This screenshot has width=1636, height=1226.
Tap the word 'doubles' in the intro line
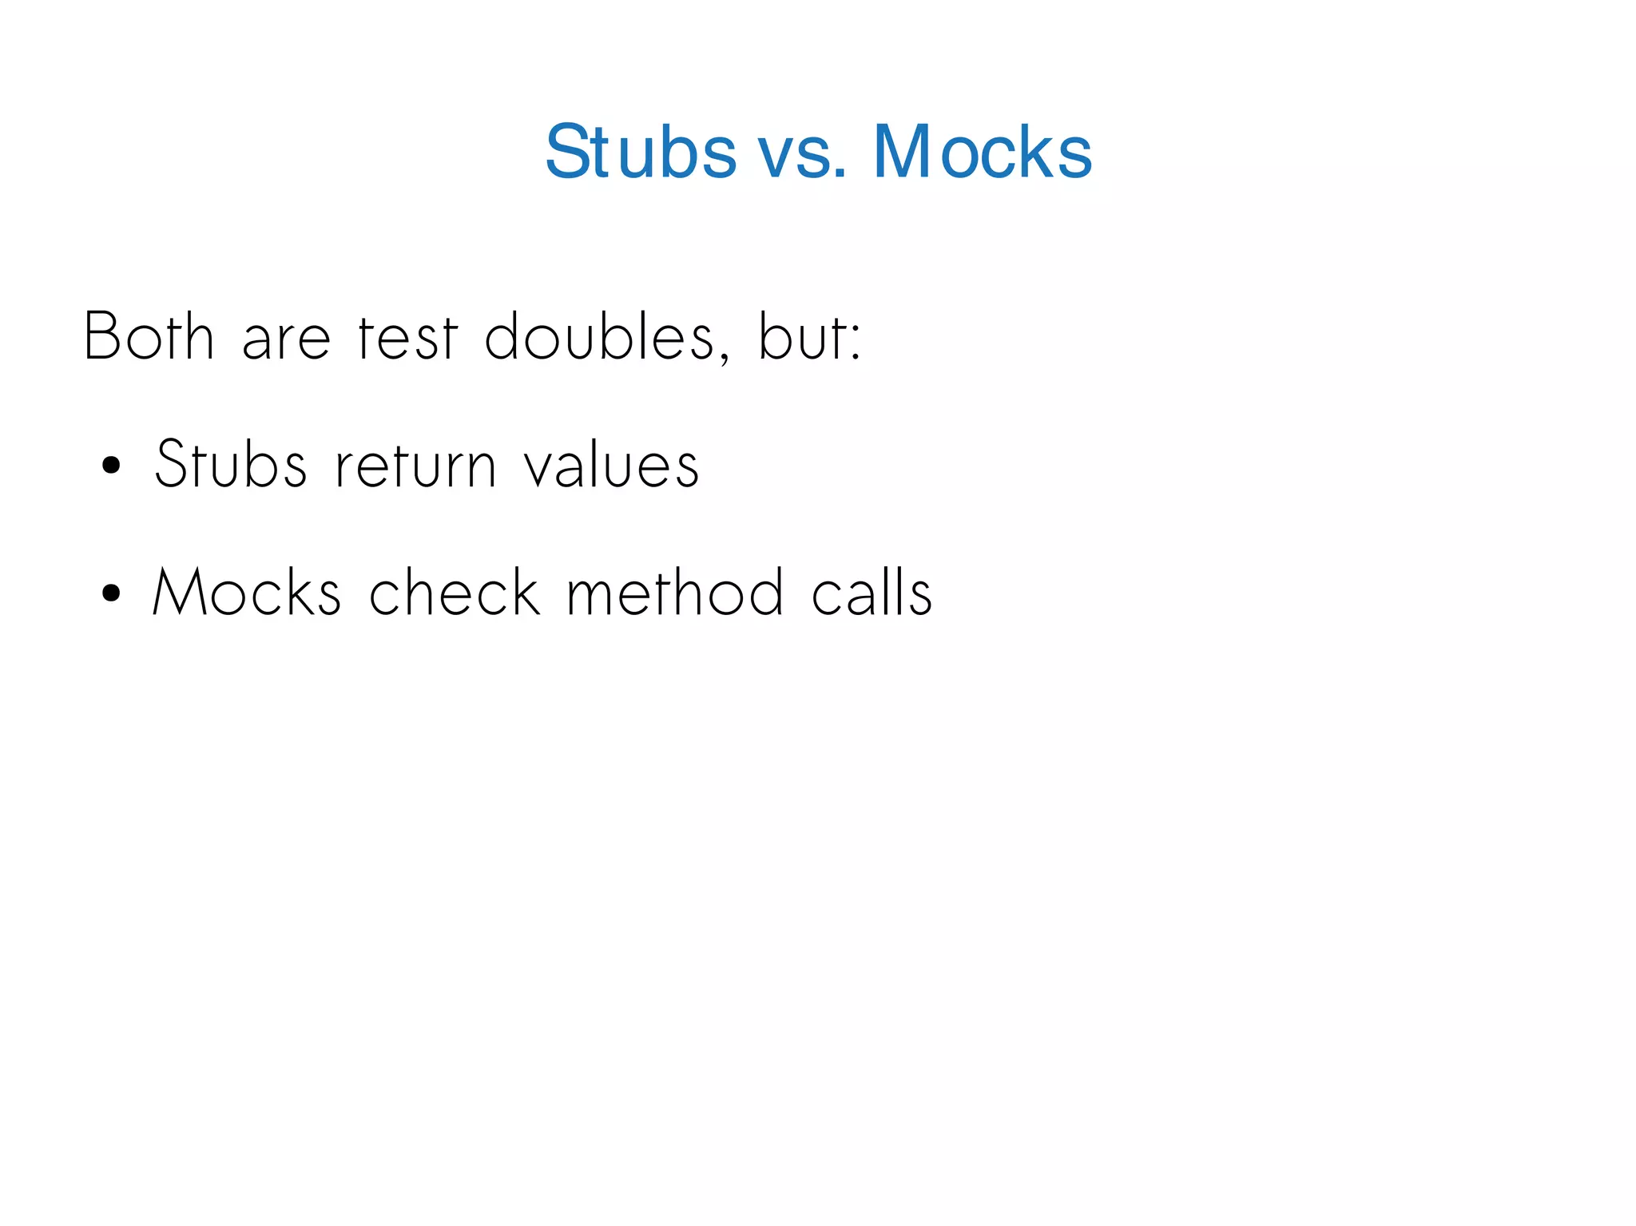599,337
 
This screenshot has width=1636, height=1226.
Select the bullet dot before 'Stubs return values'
112,465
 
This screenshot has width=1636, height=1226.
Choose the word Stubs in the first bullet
231,463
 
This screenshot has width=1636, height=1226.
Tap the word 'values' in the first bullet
612,463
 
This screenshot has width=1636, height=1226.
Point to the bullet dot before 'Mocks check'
112,593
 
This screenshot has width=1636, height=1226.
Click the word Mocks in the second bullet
247,593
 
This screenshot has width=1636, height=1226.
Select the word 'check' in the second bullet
455,593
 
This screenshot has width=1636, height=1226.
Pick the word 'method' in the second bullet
675,593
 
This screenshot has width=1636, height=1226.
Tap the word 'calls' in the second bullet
872,593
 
